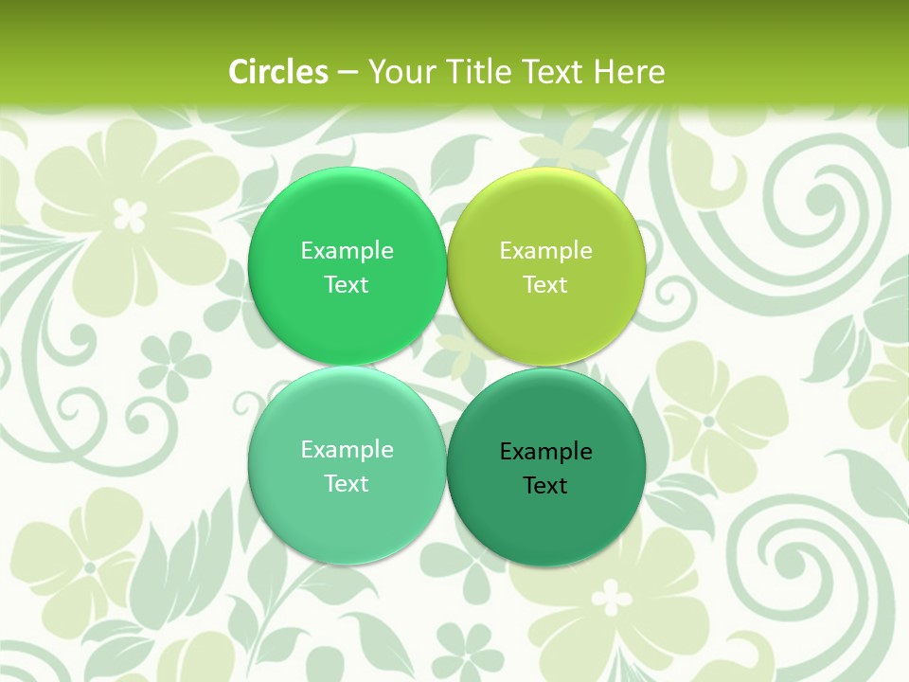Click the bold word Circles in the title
tap(278, 72)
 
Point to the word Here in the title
tap(630, 72)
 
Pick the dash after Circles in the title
tap(347, 73)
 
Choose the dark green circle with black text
tap(546, 521)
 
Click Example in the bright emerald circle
tap(347, 250)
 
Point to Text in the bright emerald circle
tap(347, 284)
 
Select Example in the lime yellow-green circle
tap(546, 250)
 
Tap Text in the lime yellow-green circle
tap(546, 284)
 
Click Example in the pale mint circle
tap(347, 449)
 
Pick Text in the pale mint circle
tap(347, 483)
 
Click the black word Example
tap(546, 451)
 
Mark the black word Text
tap(546, 485)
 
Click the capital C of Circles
tap(239, 72)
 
